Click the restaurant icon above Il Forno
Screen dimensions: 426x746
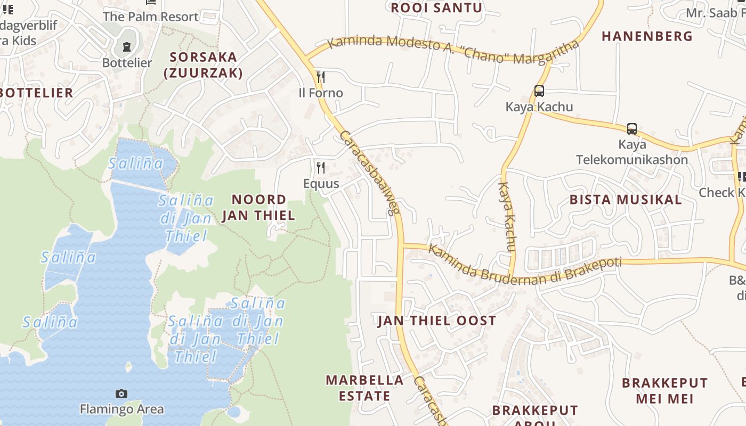point(320,78)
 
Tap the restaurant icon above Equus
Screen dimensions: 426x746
point(320,168)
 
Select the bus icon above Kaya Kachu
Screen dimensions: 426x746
point(539,91)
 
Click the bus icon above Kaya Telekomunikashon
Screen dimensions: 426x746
point(631,129)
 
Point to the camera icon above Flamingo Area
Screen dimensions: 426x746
point(121,394)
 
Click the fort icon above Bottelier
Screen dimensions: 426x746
point(127,47)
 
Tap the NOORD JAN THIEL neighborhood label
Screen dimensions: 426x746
point(258,208)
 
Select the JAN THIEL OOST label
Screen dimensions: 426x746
point(436,321)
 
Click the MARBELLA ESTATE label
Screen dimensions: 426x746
point(364,388)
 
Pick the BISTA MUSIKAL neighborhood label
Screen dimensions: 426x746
point(626,200)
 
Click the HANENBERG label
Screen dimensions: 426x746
point(647,36)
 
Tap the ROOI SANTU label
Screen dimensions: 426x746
point(436,8)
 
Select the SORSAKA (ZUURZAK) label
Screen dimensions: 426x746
point(203,65)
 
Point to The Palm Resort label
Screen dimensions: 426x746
point(150,17)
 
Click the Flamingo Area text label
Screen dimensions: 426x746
point(121,409)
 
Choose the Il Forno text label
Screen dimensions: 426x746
point(320,93)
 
